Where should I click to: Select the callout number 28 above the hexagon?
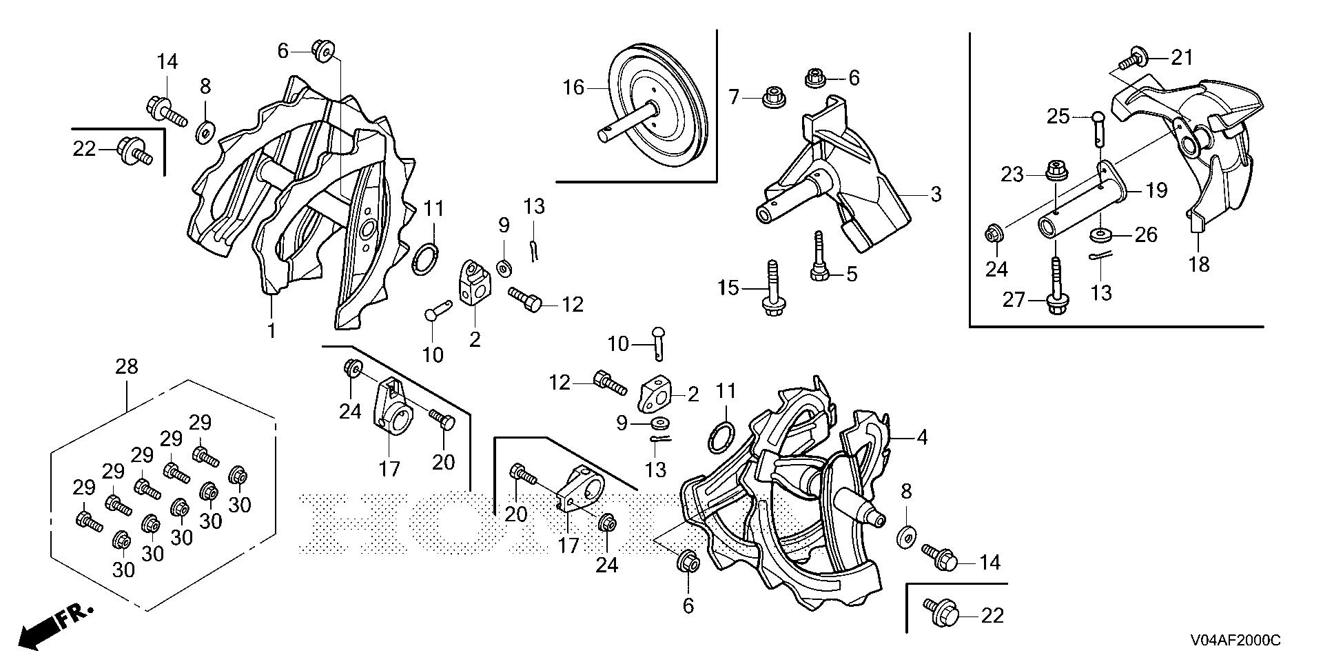point(127,367)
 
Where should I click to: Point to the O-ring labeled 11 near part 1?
point(427,258)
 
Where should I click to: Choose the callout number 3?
point(935,194)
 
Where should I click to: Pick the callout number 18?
point(1200,264)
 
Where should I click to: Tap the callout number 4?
point(922,437)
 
